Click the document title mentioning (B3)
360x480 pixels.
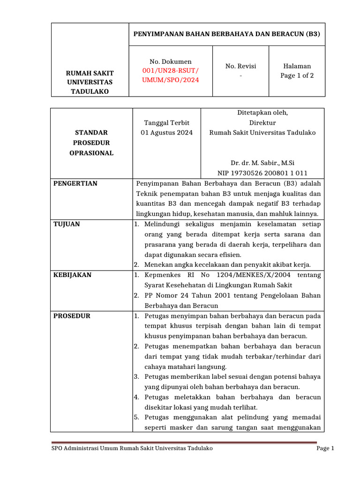tap(227, 34)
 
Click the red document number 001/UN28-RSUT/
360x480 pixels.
tap(171, 71)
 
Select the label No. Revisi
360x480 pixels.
tap(240, 66)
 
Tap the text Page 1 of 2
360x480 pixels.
tap(297, 75)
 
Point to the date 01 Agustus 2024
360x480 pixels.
tap(167, 133)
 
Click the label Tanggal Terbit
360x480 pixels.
tap(167, 123)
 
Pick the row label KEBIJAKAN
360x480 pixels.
tap(72, 275)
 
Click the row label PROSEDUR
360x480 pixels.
tap(71, 316)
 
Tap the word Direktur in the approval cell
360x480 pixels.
tap(262, 122)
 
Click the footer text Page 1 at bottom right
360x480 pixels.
tap(325, 449)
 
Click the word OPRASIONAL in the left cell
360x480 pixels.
tap(92, 153)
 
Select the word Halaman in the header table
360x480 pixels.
tap(297, 66)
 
